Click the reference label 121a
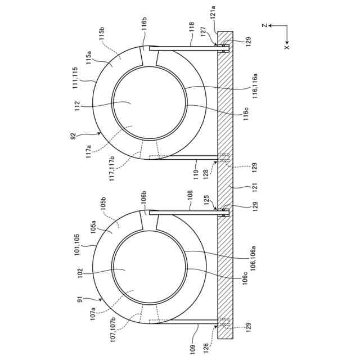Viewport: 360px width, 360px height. point(213,14)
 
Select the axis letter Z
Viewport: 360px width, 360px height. point(265,25)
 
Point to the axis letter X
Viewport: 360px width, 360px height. point(287,47)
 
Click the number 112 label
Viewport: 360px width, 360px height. point(77,106)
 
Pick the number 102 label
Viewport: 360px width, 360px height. point(80,273)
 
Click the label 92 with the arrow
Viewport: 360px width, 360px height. point(73,137)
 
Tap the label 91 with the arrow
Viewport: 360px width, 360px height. point(80,300)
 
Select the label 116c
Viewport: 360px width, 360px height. point(246,114)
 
